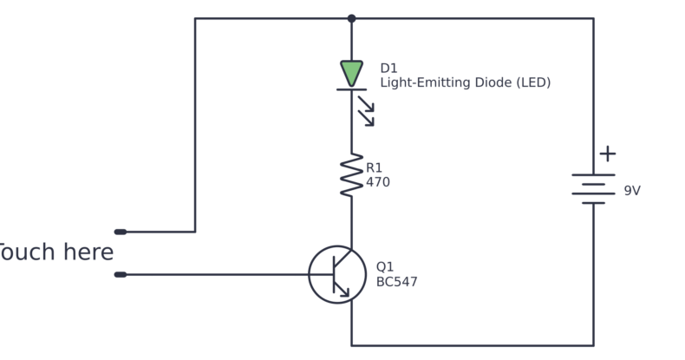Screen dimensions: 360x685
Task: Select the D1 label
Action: [389, 69]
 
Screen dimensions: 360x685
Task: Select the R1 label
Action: [374, 168]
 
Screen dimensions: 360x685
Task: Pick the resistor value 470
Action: [378, 183]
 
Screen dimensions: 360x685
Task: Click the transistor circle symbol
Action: [337, 274]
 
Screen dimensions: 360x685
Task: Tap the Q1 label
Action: [384, 267]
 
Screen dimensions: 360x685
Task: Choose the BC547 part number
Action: [396, 282]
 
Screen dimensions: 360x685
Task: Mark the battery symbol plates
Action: [594, 189]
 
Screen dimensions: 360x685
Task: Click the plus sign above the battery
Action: [608, 154]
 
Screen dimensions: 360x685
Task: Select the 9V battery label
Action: [632, 191]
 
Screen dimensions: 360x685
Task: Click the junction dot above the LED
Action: [351, 18]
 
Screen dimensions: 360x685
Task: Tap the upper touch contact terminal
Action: [121, 232]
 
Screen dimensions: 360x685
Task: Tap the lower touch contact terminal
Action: [121, 275]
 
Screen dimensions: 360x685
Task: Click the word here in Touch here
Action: [88, 253]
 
